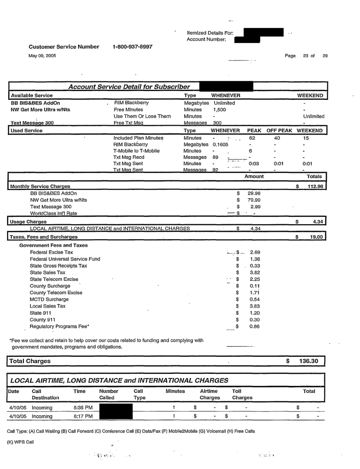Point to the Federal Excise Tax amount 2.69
click(x=254, y=252)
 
